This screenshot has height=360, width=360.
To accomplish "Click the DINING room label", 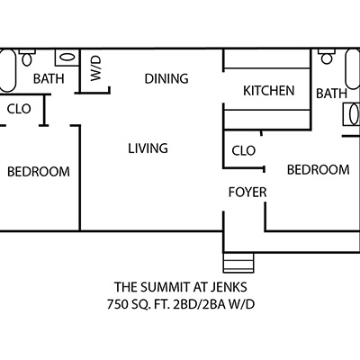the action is point(166,78).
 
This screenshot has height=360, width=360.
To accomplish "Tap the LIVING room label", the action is point(148,148).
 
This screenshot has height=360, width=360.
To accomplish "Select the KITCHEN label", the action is point(269,91).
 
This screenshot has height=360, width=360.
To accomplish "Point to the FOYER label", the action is point(247,193).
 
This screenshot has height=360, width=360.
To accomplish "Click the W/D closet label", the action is point(96,69).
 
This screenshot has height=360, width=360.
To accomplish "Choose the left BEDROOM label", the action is point(39,172).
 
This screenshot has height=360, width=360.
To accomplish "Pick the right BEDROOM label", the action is point(319,170).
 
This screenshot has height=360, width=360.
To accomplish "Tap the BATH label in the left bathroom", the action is point(49,78).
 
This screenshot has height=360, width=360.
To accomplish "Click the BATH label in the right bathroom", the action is point(331,94).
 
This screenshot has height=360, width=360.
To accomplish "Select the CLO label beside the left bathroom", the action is point(19,109).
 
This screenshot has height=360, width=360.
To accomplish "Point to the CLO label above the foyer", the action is point(244,150).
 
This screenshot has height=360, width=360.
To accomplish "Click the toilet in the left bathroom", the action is point(27,58).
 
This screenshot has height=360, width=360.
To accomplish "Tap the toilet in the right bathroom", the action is point(327,57).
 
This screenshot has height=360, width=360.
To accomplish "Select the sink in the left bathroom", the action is point(67,58).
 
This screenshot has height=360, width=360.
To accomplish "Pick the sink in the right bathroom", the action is point(351,114).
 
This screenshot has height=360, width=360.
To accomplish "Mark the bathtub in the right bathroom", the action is point(353,69).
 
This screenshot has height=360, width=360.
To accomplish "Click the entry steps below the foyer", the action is point(238,263).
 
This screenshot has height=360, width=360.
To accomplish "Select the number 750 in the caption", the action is point(116,305).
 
